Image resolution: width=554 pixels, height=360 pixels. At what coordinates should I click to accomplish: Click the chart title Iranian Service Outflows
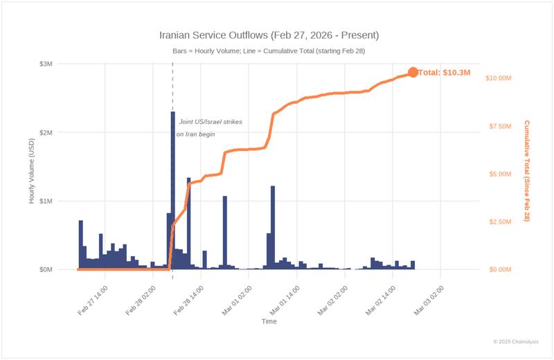point(269,35)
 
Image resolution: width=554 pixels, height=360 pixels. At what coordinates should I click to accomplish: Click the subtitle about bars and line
point(270,51)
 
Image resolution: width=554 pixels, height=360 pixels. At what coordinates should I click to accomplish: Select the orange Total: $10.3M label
point(446,72)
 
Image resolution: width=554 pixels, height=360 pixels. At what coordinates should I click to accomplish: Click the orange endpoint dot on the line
point(413,72)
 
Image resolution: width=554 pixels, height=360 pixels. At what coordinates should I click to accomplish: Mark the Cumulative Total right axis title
point(527,170)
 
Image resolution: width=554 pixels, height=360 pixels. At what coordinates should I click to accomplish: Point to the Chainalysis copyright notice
point(521,341)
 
